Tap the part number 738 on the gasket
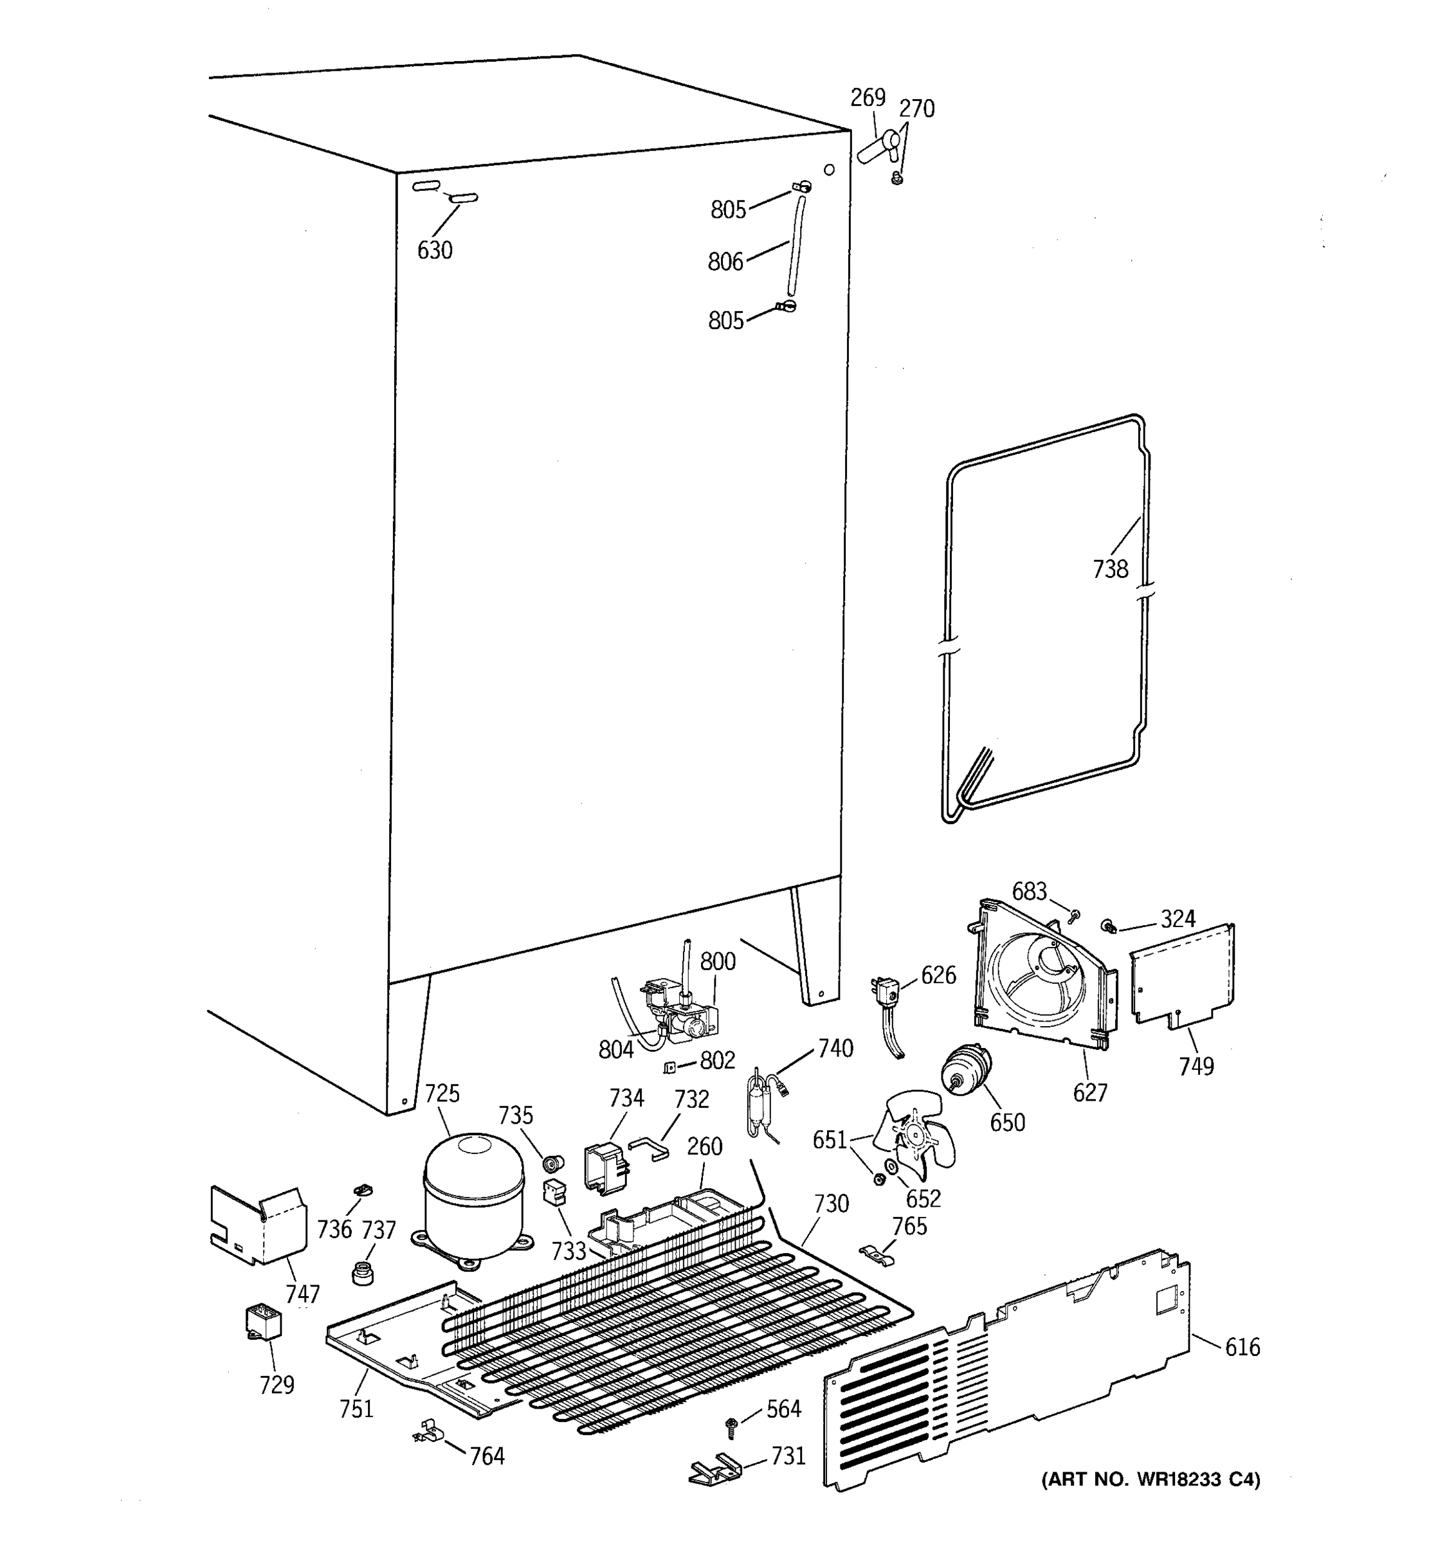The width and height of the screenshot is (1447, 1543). pos(1109,569)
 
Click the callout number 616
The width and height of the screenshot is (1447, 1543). pos(1242,1347)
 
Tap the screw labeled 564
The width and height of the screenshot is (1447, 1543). pos(731,1423)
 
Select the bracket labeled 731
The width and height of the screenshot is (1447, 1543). pos(715,1466)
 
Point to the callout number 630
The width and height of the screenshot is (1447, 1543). pos(434,250)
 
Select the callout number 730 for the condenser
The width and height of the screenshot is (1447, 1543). pos(831,1204)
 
